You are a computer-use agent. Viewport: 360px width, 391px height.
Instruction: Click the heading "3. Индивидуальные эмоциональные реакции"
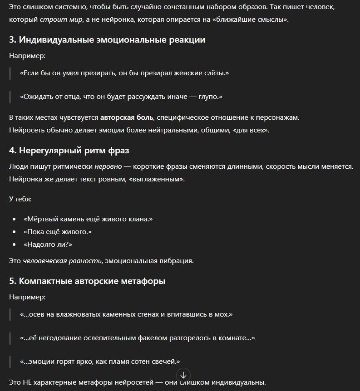click(107, 40)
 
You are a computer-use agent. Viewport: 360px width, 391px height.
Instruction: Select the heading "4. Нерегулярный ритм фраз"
click(72, 150)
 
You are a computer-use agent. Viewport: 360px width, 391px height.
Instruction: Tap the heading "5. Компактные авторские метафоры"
click(87, 281)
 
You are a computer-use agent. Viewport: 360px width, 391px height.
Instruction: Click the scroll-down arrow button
click(183, 375)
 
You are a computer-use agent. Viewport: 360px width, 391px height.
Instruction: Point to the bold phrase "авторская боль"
click(127, 117)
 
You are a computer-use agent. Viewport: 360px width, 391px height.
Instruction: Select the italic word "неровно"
click(108, 166)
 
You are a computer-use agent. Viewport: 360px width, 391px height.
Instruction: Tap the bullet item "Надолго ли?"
click(48, 244)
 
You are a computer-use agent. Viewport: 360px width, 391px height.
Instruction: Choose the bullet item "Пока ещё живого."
click(58, 232)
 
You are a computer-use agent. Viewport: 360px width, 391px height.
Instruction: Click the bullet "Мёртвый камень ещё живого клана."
click(88, 219)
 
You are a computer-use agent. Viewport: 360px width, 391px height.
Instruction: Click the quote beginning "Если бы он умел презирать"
click(124, 73)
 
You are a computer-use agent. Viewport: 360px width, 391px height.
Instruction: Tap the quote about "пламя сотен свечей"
click(100, 362)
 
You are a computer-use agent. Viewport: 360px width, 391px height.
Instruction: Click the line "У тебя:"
click(20, 199)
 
